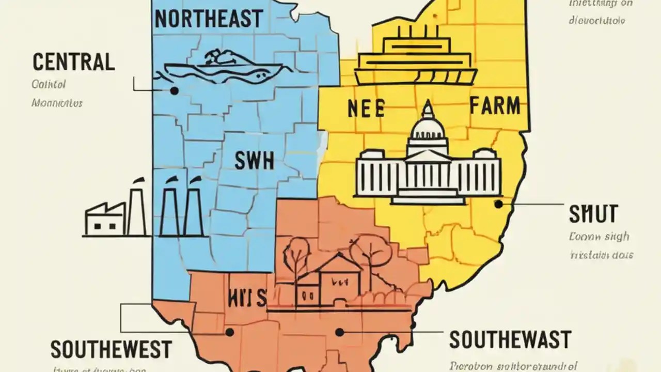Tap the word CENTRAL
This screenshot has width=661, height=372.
[x=73, y=62]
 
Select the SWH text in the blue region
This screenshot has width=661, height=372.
[x=254, y=161]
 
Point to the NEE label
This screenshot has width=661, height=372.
[x=366, y=109]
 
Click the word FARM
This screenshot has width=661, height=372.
[x=494, y=106]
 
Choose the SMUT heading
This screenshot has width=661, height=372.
[x=593, y=213]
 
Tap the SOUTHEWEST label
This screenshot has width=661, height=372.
[x=111, y=349]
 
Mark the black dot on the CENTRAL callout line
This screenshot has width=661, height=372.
[x=174, y=91]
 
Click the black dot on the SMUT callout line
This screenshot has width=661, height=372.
[x=498, y=204]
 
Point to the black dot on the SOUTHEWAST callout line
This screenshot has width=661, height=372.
[x=339, y=332]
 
